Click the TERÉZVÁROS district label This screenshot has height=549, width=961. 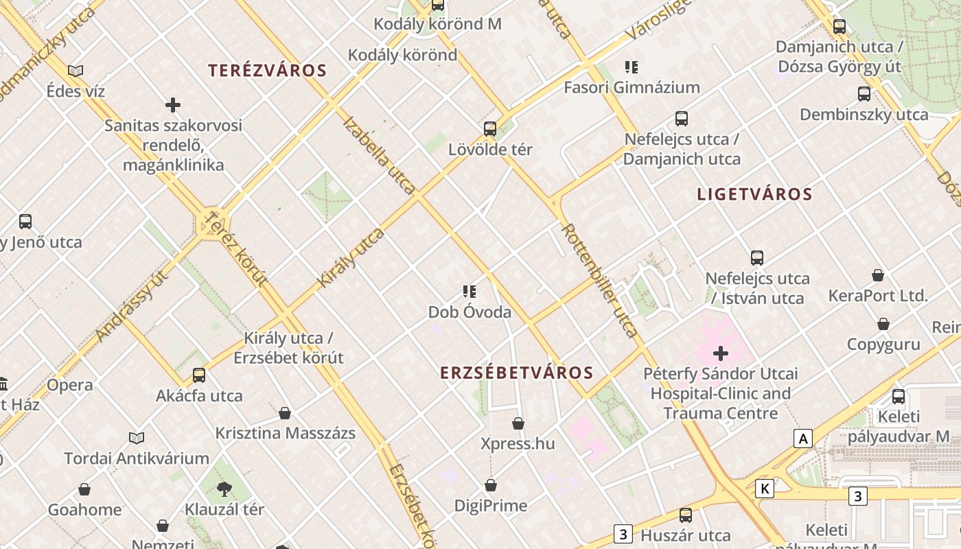268,70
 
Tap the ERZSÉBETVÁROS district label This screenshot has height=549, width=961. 516,373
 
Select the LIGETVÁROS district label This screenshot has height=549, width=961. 754,194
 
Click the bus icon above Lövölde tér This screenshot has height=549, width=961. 490,128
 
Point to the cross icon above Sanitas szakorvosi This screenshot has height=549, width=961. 173,105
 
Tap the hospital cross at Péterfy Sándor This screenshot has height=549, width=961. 721,353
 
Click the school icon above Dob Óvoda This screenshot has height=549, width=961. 470,292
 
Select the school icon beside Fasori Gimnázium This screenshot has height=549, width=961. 632,67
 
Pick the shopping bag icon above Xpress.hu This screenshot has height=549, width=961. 518,423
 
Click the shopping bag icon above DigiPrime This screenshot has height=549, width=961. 491,486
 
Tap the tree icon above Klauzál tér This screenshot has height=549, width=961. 224,489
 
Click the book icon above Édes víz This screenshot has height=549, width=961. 76,70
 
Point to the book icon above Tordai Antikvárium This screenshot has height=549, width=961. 137,438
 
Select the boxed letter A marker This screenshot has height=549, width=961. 802,438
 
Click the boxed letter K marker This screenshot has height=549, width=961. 764,489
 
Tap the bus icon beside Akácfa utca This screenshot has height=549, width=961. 199,375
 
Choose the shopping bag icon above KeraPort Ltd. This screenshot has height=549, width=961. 878,276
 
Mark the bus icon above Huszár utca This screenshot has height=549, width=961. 685,515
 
